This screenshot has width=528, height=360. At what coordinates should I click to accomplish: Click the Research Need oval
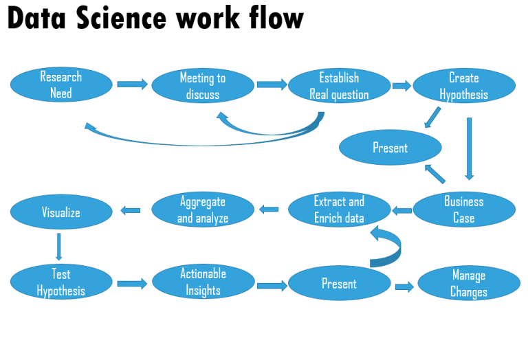click(x=61, y=85)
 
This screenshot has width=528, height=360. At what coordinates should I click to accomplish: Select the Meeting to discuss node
click(x=202, y=86)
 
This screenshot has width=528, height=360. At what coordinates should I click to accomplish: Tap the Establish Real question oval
click(x=339, y=86)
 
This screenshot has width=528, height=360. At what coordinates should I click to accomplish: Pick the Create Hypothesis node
click(x=463, y=86)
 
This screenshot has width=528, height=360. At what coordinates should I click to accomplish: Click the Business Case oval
click(x=463, y=210)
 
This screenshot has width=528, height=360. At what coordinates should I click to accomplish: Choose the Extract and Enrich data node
click(x=339, y=210)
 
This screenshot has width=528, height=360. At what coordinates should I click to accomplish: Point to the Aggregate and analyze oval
click(x=202, y=210)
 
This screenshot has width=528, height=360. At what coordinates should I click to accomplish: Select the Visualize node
click(x=61, y=212)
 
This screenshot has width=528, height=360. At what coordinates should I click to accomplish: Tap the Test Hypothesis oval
click(x=61, y=282)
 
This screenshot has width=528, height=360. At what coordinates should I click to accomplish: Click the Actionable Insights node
click(x=202, y=282)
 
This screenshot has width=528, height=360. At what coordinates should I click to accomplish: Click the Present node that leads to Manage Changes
click(x=339, y=284)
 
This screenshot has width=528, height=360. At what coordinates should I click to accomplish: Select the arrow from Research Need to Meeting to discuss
click(x=132, y=85)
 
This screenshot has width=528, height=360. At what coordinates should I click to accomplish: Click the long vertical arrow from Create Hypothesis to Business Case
click(x=469, y=148)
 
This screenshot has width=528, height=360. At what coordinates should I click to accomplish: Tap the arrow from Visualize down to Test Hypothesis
click(x=58, y=247)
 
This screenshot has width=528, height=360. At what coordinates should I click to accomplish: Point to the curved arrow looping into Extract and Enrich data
click(x=389, y=247)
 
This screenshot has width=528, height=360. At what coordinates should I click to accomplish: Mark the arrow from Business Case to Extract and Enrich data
click(x=402, y=210)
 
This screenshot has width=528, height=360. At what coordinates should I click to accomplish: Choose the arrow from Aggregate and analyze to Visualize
click(x=131, y=210)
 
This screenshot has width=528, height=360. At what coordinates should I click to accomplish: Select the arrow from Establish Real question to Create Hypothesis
click(x=401, y=86)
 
